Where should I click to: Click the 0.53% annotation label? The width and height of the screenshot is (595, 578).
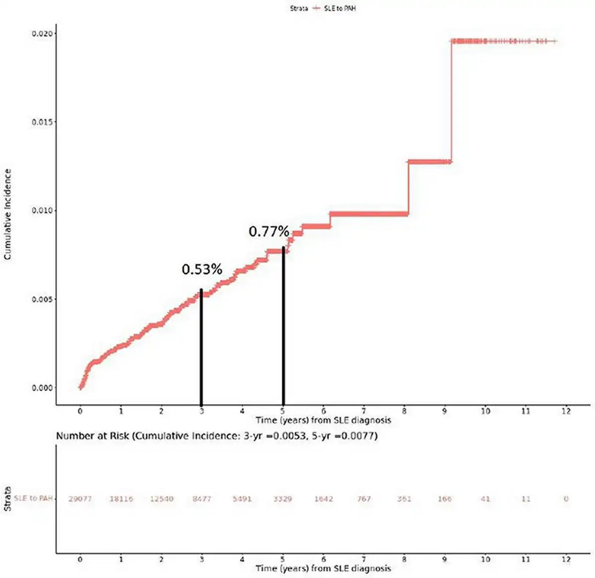[202, 269]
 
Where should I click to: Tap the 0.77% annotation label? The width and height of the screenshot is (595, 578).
[269, 231]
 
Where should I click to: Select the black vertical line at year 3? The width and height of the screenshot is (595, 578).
[201, 347]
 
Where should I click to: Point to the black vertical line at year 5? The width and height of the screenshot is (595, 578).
[283, 327]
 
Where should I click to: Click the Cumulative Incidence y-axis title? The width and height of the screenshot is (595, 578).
[8, 214]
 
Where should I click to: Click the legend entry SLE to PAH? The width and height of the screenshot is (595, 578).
[339, 8]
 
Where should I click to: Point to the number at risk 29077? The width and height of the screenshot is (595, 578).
[80, 499]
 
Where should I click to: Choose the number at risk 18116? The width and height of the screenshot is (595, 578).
[121, 499]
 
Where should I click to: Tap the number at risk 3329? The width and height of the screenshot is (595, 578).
[283, 499]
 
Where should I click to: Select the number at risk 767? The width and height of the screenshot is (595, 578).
[364, 499]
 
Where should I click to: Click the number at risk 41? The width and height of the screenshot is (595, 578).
[485, 499]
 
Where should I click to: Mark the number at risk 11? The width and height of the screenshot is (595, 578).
[526, 499]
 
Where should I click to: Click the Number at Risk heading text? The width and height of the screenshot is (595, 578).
[217, 436]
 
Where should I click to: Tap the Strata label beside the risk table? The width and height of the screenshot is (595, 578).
[8, 499]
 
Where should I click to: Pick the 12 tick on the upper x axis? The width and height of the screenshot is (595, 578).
[566, 411]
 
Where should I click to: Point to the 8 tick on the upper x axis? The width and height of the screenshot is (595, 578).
[405, 411]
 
